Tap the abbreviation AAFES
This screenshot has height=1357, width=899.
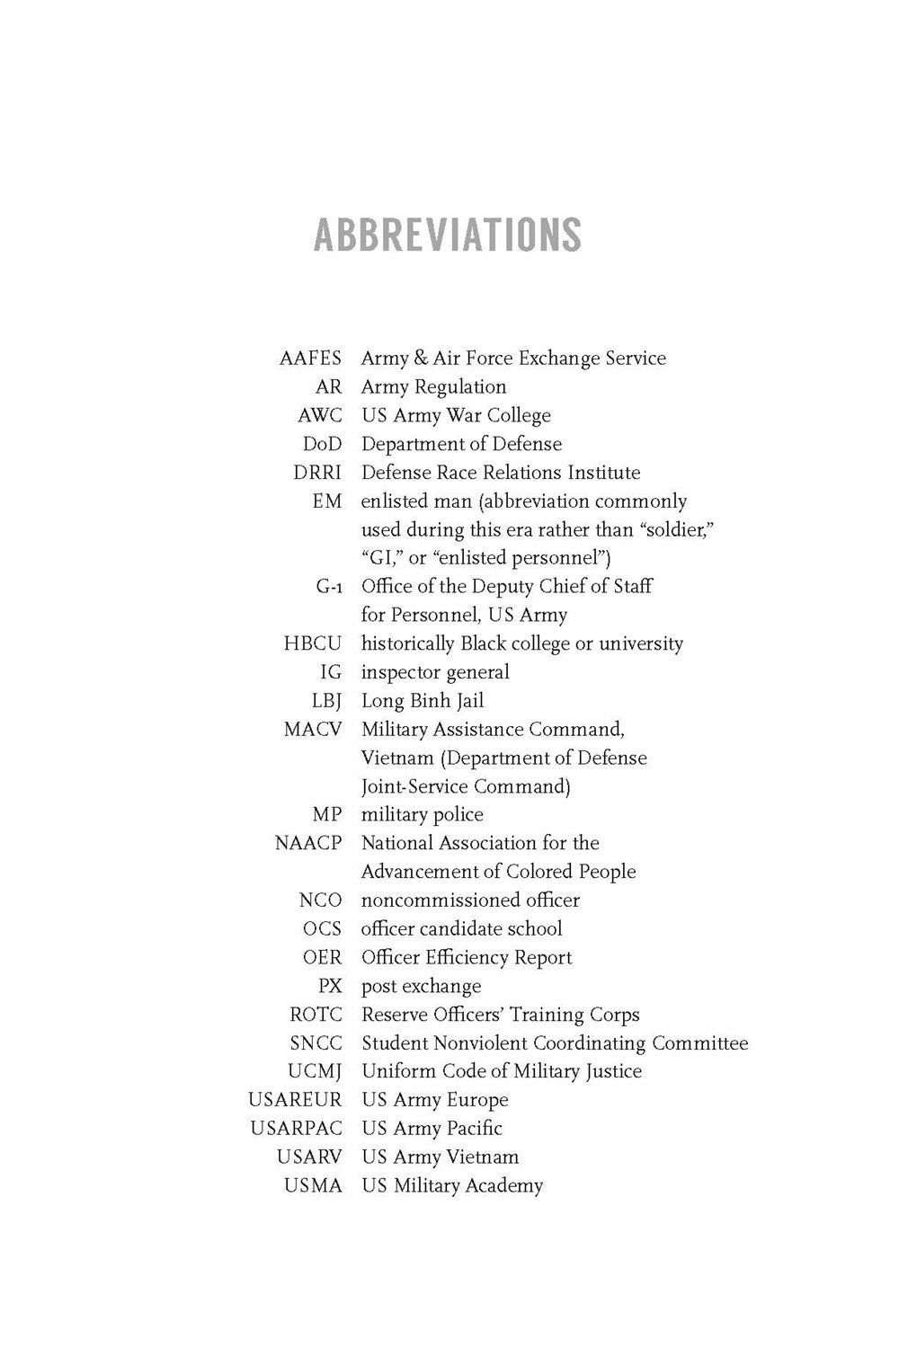coord(310,359)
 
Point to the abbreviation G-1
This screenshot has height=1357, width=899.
coord(329,587)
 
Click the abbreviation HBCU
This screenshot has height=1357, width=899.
coord(313,644)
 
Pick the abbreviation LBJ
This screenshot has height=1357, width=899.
coord(326,701)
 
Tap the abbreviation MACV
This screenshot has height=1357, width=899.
coord(313,730)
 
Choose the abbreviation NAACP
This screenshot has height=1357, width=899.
coord(308,844)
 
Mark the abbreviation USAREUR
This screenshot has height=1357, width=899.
coord(296,1101)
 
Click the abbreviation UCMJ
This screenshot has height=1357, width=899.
coord(315,1072)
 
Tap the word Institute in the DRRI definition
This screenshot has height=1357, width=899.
coord(601,473)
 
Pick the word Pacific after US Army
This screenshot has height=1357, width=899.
coord(474,1129)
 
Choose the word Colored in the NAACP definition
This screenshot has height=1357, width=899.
coord(543,872)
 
